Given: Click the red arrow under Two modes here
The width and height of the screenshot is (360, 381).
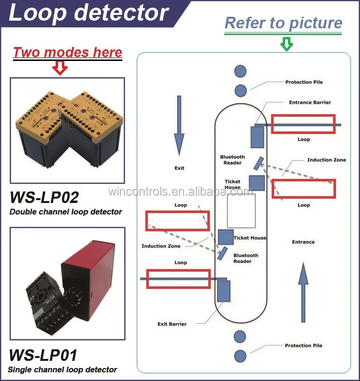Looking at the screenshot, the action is point(60,67).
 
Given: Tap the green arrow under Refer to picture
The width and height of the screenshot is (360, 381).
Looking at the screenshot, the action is point(287,44).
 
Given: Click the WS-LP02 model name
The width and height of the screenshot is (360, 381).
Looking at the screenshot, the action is point(44,197).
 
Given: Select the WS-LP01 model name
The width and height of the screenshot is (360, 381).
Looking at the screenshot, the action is point(43,355).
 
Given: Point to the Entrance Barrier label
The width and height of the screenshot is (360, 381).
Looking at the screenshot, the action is point(310,102).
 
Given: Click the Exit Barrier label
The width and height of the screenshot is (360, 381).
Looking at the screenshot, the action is point(172,324).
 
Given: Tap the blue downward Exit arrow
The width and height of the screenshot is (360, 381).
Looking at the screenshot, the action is point(179,126).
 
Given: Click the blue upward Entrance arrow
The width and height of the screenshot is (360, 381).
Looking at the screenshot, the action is point(303,292).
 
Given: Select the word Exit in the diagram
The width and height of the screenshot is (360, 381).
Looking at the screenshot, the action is point(180,168).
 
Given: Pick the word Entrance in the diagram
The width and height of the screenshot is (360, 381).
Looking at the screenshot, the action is point(303,242).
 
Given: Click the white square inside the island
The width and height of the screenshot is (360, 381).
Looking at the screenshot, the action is point(241,211).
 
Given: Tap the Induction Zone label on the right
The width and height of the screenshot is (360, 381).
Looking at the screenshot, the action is point(326,160).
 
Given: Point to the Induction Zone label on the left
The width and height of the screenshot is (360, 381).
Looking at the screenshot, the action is point(161,246).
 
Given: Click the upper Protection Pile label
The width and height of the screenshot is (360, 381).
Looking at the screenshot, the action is point(304,82).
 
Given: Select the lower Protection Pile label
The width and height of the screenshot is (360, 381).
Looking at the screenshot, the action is point(303,345).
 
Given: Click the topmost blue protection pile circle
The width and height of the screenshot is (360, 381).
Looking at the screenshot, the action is point(240,71).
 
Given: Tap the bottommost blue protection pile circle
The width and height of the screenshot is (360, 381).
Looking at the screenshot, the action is point(240,356).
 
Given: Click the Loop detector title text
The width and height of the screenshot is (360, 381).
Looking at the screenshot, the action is point(88,12).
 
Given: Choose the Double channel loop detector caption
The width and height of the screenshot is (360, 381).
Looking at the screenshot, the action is point(66,212).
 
